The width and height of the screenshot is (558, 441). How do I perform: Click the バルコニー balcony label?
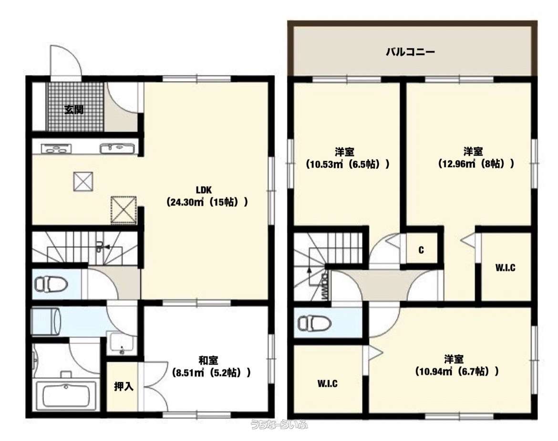[x=410, y=52]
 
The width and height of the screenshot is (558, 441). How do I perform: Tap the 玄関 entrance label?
[x=74, y=109]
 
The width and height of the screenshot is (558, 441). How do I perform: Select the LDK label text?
[x=204, y=190]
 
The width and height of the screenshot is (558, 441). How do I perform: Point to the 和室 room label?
[x=208, y=360]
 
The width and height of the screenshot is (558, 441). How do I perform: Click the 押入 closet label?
[x=124, y=386]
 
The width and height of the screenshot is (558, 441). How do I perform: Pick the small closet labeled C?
[x=421, y=250]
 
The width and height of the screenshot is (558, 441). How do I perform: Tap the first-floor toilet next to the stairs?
[x=52, y=284]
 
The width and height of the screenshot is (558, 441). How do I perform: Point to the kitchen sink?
[x=117, y=148]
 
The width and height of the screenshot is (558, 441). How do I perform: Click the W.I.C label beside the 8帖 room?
[x=506, y=268]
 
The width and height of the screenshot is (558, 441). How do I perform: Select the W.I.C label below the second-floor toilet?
[x=327, y=384]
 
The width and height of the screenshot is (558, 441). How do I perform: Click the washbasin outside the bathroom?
[x=121, y=343]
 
